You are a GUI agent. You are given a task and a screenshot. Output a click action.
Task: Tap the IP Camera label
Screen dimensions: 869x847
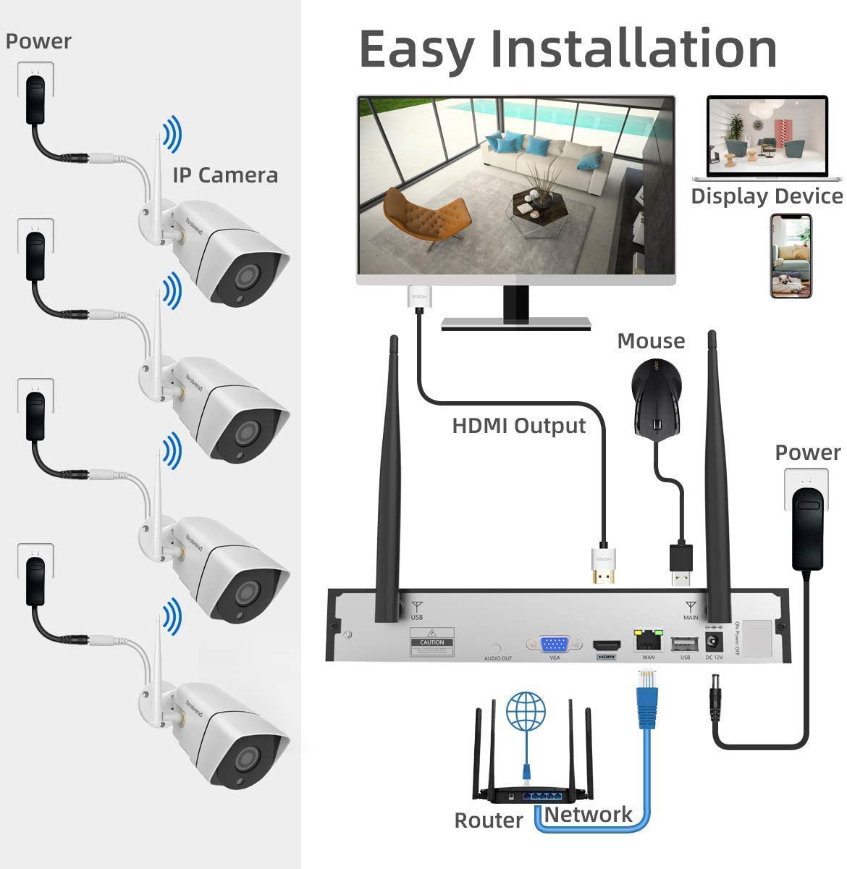coord(225,175)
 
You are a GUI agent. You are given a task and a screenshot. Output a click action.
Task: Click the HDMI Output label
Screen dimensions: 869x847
coord(518,425)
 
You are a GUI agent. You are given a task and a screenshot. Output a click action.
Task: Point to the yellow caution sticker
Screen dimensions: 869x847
coord(432,642)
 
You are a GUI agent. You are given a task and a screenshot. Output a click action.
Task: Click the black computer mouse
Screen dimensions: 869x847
coord(656,398)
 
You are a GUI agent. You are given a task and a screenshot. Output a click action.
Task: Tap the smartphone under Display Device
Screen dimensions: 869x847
coord(790,256)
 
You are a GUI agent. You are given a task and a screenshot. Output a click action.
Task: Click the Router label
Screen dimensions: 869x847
coord(488,820)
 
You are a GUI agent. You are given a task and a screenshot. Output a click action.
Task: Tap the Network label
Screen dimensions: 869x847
coord(588,815)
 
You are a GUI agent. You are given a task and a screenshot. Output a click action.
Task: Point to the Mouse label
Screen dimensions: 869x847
coord(651,340)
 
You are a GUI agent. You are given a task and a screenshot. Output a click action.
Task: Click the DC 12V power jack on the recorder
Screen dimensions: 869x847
coord(715,642)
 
